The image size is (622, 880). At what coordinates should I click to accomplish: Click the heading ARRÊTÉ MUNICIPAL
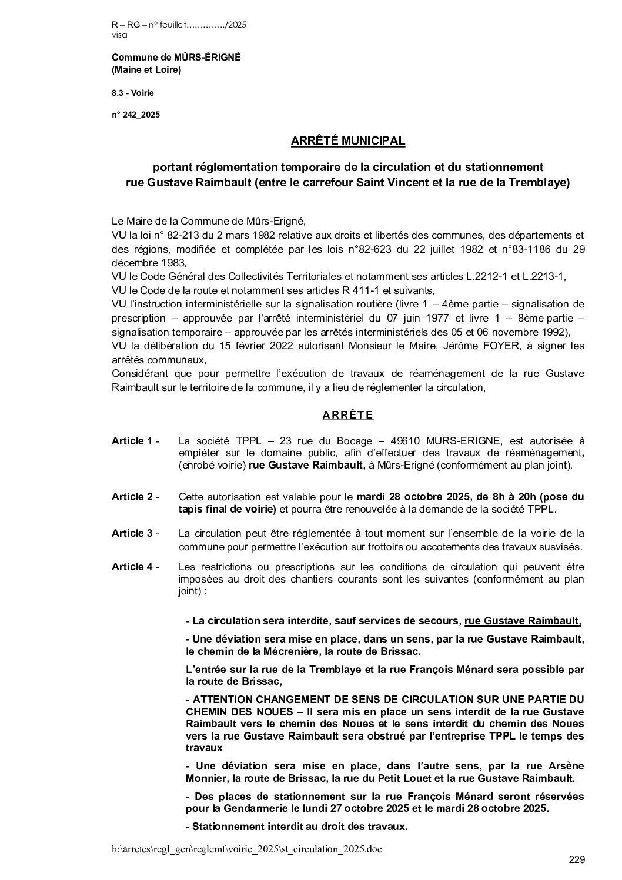[348, 141]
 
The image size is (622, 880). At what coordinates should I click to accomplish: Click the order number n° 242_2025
[136, 115]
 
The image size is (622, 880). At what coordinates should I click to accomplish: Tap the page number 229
[577, 860]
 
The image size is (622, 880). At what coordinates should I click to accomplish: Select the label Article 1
[135, 441]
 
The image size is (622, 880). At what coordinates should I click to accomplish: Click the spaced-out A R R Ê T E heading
[347, 415]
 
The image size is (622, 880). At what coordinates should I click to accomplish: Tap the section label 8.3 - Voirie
[133, 92]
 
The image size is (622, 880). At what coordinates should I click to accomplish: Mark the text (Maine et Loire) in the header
[146, 71]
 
